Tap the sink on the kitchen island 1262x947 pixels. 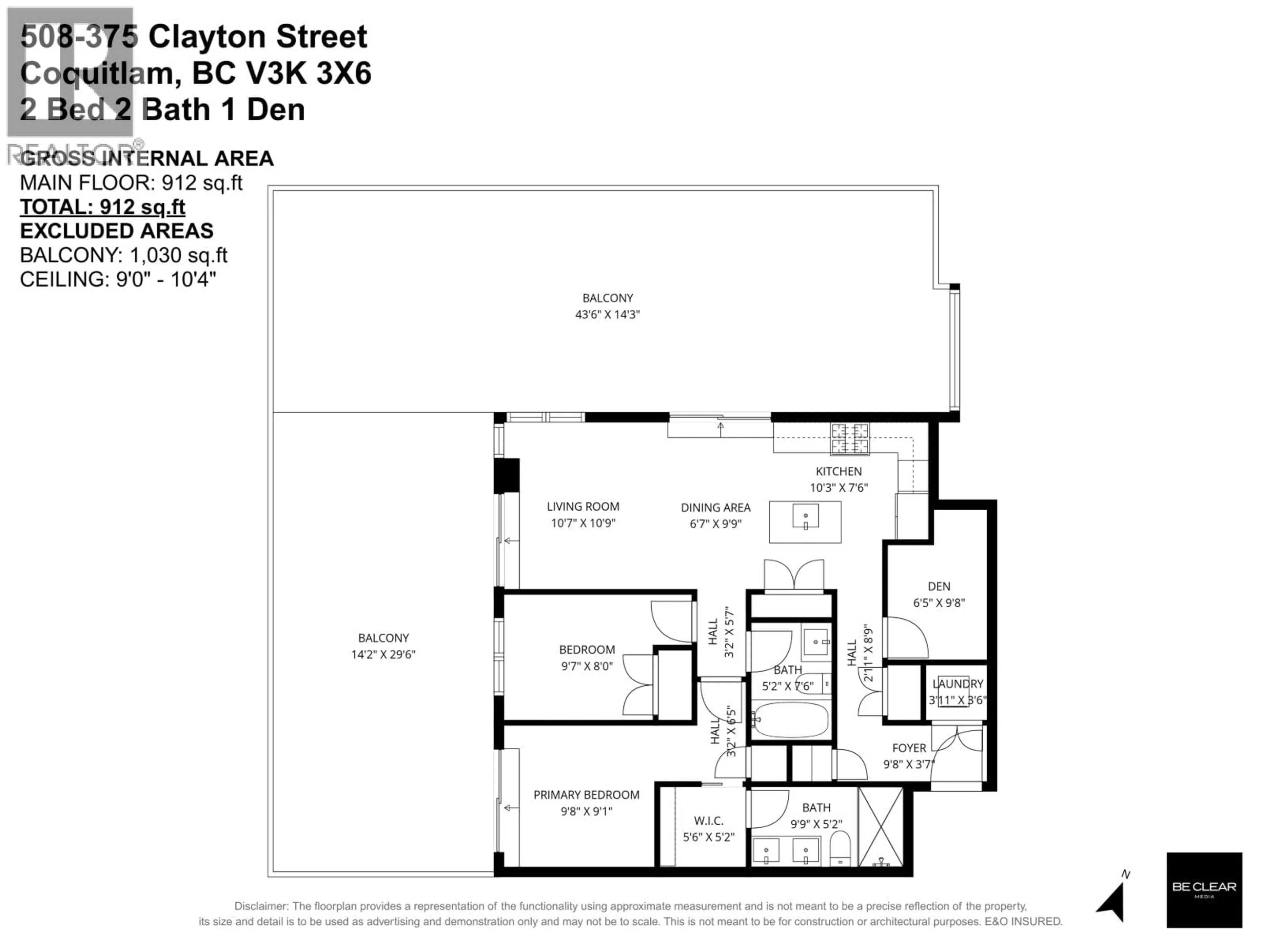tap(805, 517)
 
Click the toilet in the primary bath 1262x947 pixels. tap(839, 849)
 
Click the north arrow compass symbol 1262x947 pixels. tap(1113, 900)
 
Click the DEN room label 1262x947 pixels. tap(939, 586)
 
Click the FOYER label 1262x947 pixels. tap(909, 748)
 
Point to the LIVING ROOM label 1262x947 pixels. tap(582, 506)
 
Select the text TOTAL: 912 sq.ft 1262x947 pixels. tap(103, 206)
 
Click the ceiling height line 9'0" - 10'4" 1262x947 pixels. tap(118, 279)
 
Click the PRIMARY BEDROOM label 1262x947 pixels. tap(586, 794)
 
